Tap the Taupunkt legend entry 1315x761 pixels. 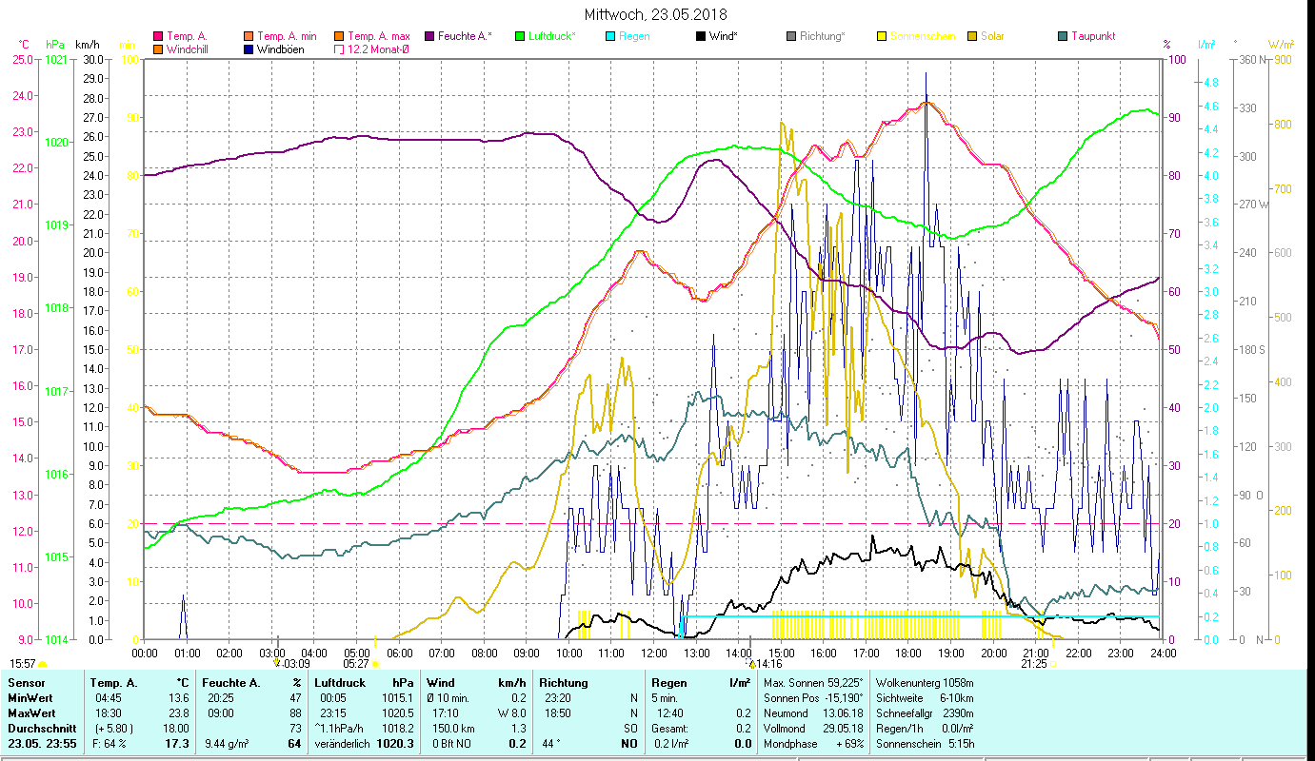[1091, 36]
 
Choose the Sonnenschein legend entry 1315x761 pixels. [923, 36]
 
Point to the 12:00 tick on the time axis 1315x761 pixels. [654, 654]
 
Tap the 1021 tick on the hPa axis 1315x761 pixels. [56, 59]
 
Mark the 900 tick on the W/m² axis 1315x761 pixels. [1283, 59]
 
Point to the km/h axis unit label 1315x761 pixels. [87, 45]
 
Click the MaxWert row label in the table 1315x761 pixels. [31, 712]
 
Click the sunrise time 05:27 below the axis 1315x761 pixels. [356, 664]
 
